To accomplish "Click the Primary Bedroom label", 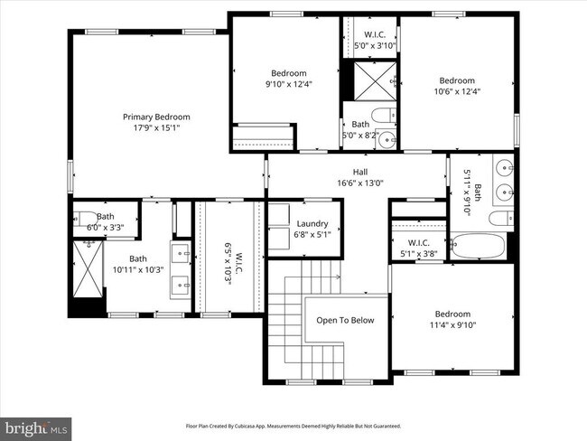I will coord(157,117).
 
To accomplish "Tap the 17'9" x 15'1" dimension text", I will coord(157,127).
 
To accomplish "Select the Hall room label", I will coord(359,171).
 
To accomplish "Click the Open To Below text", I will coord(344,320).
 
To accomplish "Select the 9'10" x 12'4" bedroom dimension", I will coord(288,85).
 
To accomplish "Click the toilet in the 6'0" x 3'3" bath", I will coord(88,218).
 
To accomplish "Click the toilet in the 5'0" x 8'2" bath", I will coord(384,115).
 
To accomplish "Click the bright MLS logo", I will coord(36,426).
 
